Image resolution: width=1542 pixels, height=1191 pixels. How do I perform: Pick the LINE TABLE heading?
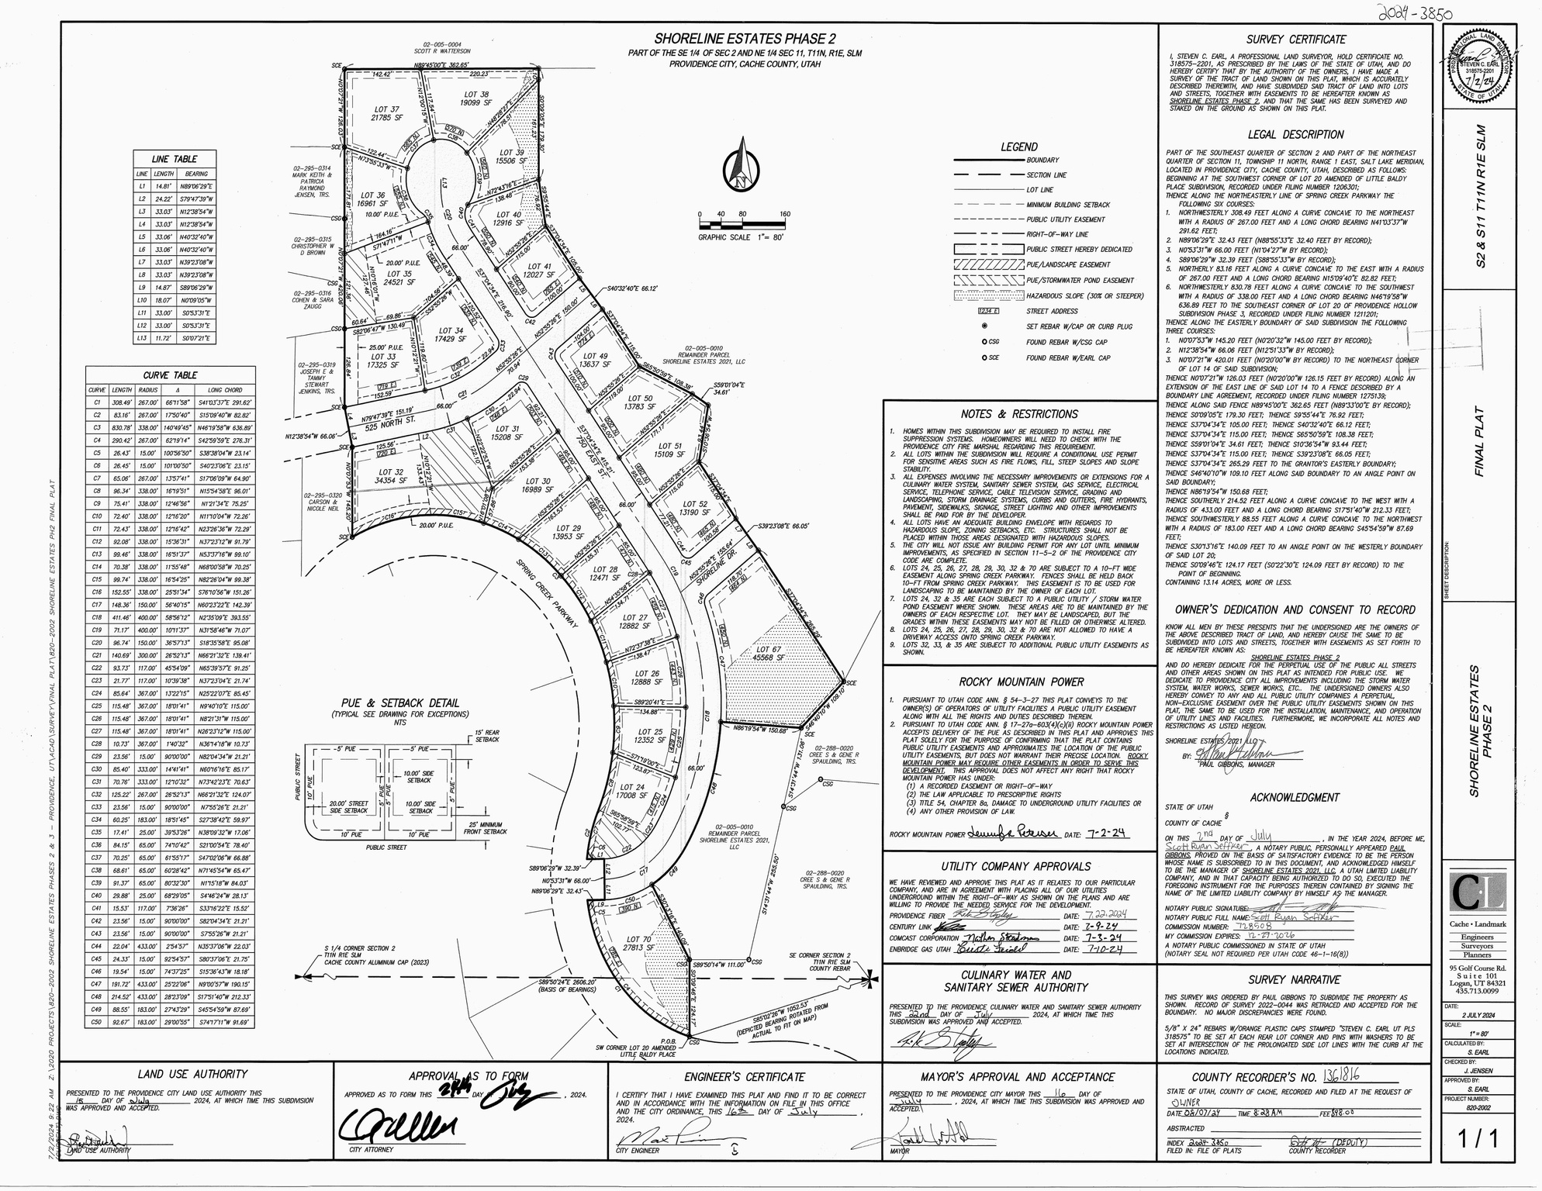click(175, 159)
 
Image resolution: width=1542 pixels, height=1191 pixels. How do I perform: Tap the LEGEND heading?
click(1018, 147)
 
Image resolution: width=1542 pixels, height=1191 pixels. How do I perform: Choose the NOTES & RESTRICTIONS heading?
click(1018, 414)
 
